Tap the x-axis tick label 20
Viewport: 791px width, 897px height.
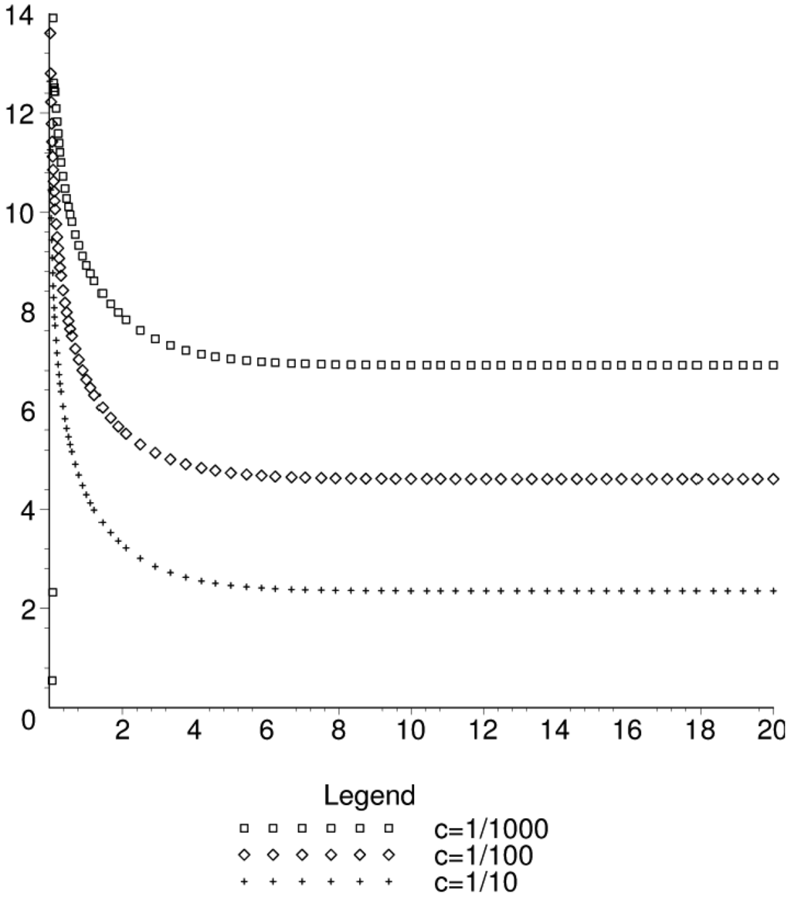click(770, 730)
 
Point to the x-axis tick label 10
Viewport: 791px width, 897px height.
click(411, 730)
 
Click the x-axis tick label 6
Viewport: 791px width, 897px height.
click(266, 730)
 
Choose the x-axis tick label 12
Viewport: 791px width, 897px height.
click(484, 730)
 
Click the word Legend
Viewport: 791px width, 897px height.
click(370, 794)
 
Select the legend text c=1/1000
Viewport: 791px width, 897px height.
click(491, 829)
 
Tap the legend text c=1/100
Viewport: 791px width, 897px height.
click(484, 855)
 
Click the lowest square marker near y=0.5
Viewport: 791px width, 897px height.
click(53, 681)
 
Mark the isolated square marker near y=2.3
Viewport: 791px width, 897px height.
click(53, 593)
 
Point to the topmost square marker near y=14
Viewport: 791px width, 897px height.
click(53, 18)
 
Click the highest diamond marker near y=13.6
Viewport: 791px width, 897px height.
click(50, 33)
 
